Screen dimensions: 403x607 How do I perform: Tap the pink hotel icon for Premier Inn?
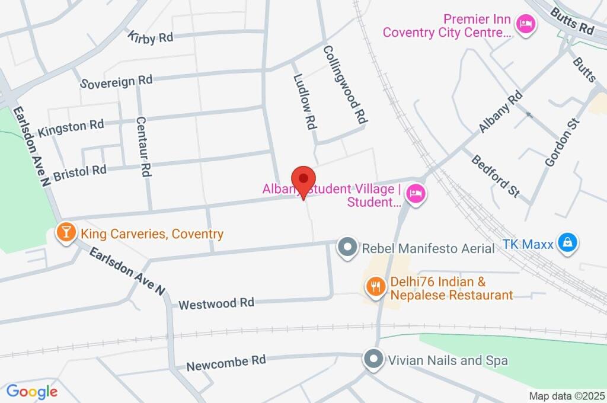pos(525,24)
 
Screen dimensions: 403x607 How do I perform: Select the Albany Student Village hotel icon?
pos(416,194)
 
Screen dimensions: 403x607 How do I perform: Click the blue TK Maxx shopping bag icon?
pos(568,242)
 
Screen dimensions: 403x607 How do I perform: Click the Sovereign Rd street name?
pos(117,81)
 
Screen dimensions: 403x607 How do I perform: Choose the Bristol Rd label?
pos(79,173)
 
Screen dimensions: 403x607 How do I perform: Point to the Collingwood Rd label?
pos(343,85)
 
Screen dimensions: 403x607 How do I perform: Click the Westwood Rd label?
pos(216,303)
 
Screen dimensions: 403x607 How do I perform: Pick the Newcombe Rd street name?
pos(225,363)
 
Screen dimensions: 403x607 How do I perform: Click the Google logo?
pos(32,391)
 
